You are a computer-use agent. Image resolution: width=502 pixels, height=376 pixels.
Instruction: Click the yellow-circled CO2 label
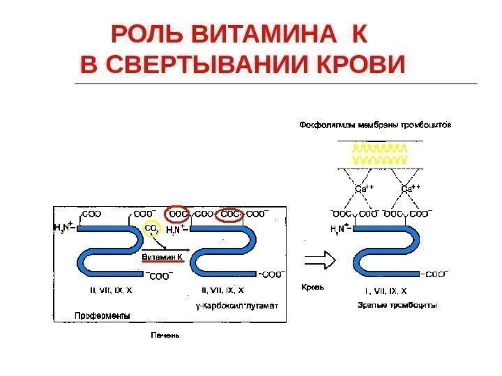pyautogui.click(x=151, y=229)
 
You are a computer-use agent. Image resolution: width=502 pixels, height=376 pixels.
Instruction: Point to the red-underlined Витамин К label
pyautogui.click(x=162, y=257)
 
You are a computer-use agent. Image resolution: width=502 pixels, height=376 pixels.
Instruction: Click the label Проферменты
pyautogui.click(x=102, y=316)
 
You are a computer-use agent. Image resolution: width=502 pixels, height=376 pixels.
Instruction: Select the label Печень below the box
pyautogui.click(x=166, y=335)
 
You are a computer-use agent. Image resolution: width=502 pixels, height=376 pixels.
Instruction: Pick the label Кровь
pyautogui.click(x=313, y=286)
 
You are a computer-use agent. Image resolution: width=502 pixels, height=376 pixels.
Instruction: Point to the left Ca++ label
pyautogui.click(x=364, y=189)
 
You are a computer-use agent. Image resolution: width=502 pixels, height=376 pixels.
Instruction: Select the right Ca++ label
pyautogui.click(x=412, y=189)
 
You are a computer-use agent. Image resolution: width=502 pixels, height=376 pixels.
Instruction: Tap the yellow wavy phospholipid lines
pyautogui.click(x=380, y=155)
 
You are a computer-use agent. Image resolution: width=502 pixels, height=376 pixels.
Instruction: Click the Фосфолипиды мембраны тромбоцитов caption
pyautogui.click(x=375, y=126)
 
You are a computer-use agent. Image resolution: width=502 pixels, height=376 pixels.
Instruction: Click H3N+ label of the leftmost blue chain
pyautogui.click(x=66, y=227)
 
